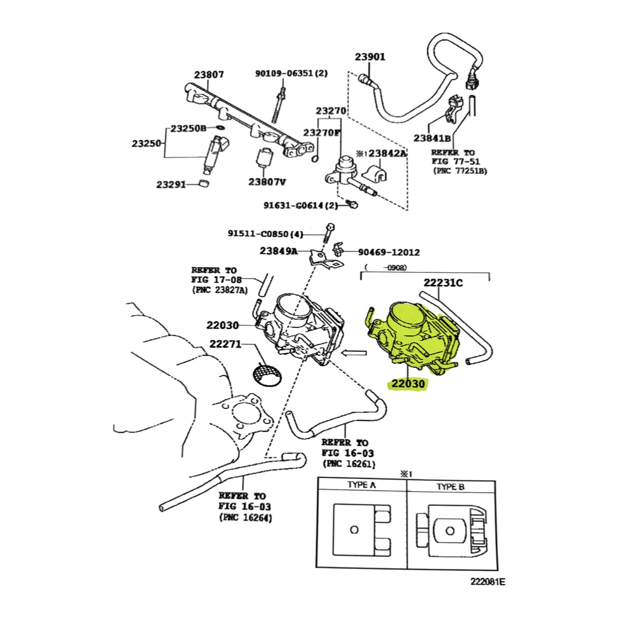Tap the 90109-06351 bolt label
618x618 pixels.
pos(291,73)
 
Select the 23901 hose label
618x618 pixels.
pos(370,57)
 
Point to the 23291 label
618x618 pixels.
pos(173,184)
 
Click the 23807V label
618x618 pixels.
pos(267,182)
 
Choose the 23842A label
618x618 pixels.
pos(387,153)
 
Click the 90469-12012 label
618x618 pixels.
pos(389,252)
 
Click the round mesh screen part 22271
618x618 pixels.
pos(267,375)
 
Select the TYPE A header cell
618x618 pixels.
pos(362,486)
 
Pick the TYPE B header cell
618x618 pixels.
pos(451,486)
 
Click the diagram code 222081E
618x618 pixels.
pos(488,582)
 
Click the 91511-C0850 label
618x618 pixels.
pos(265,233)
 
